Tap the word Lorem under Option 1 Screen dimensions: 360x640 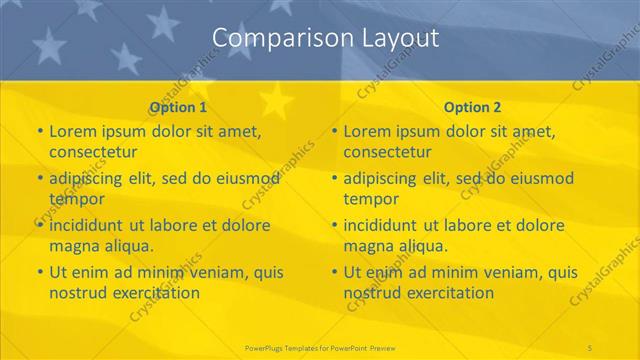coord(72,131)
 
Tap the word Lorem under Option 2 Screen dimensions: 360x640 coord(367,131)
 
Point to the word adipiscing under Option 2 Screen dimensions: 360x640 coord(385,178)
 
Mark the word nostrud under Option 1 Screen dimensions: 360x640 coord(77,292)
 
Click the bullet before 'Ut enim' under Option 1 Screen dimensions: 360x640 coord(39,272)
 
